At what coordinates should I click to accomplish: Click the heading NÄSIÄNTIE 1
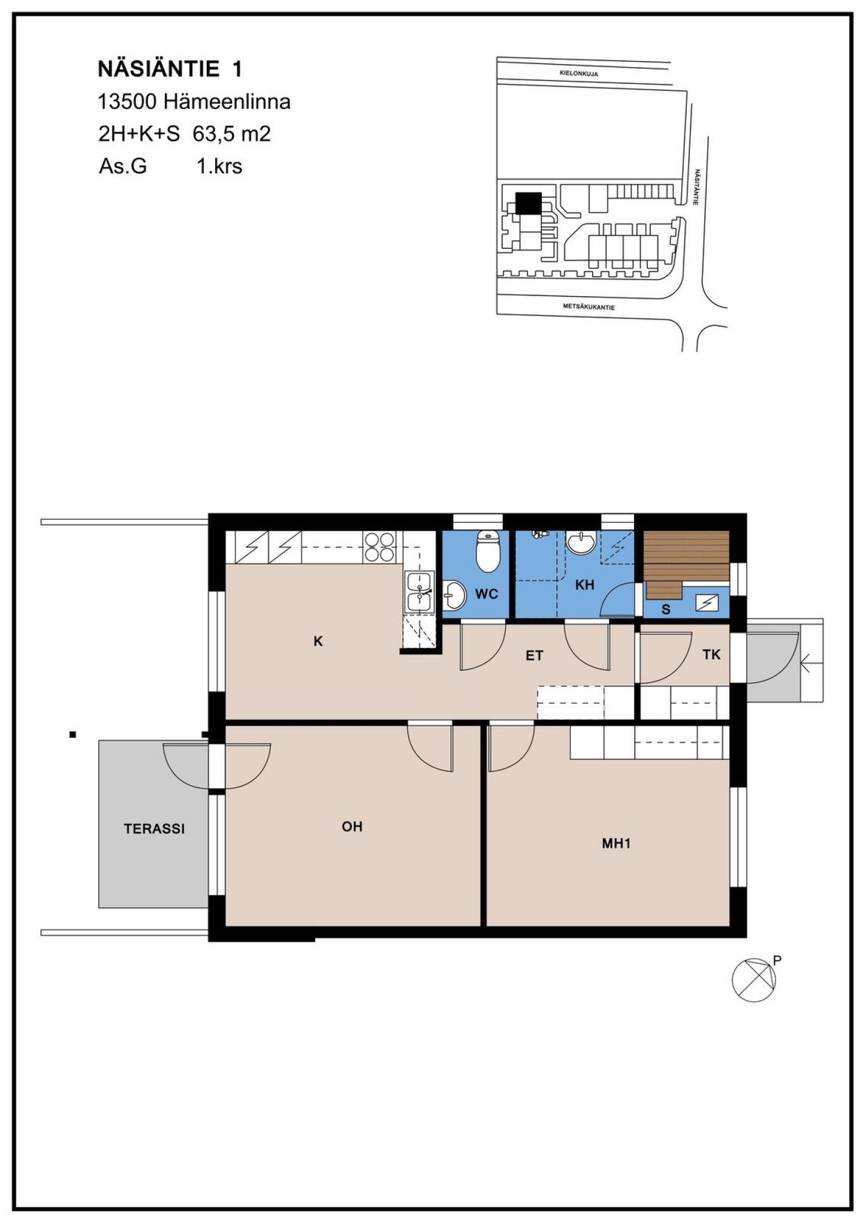[x=170, y=69]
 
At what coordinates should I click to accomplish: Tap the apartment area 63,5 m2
[x=231, y=134]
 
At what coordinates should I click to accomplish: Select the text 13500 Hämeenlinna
[x=194, y=101]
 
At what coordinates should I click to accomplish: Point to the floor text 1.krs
[x=219, y=165]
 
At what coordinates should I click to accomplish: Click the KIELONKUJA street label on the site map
[x=578, y=74]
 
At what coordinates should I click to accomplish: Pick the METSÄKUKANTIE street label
[x=589, y=307]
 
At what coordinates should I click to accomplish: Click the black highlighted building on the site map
[x=528, y=203]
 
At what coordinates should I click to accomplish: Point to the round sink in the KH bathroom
[x=581, y=543]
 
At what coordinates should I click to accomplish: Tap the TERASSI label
[x=155, y=829]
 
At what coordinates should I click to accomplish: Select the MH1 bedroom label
[x=617, y=844]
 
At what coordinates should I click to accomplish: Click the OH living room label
[x=352, y=827]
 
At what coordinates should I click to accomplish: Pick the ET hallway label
[x=535, y=656]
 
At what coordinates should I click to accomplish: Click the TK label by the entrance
[x=711, y=655]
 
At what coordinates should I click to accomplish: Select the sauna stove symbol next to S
[x=704, y=604]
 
